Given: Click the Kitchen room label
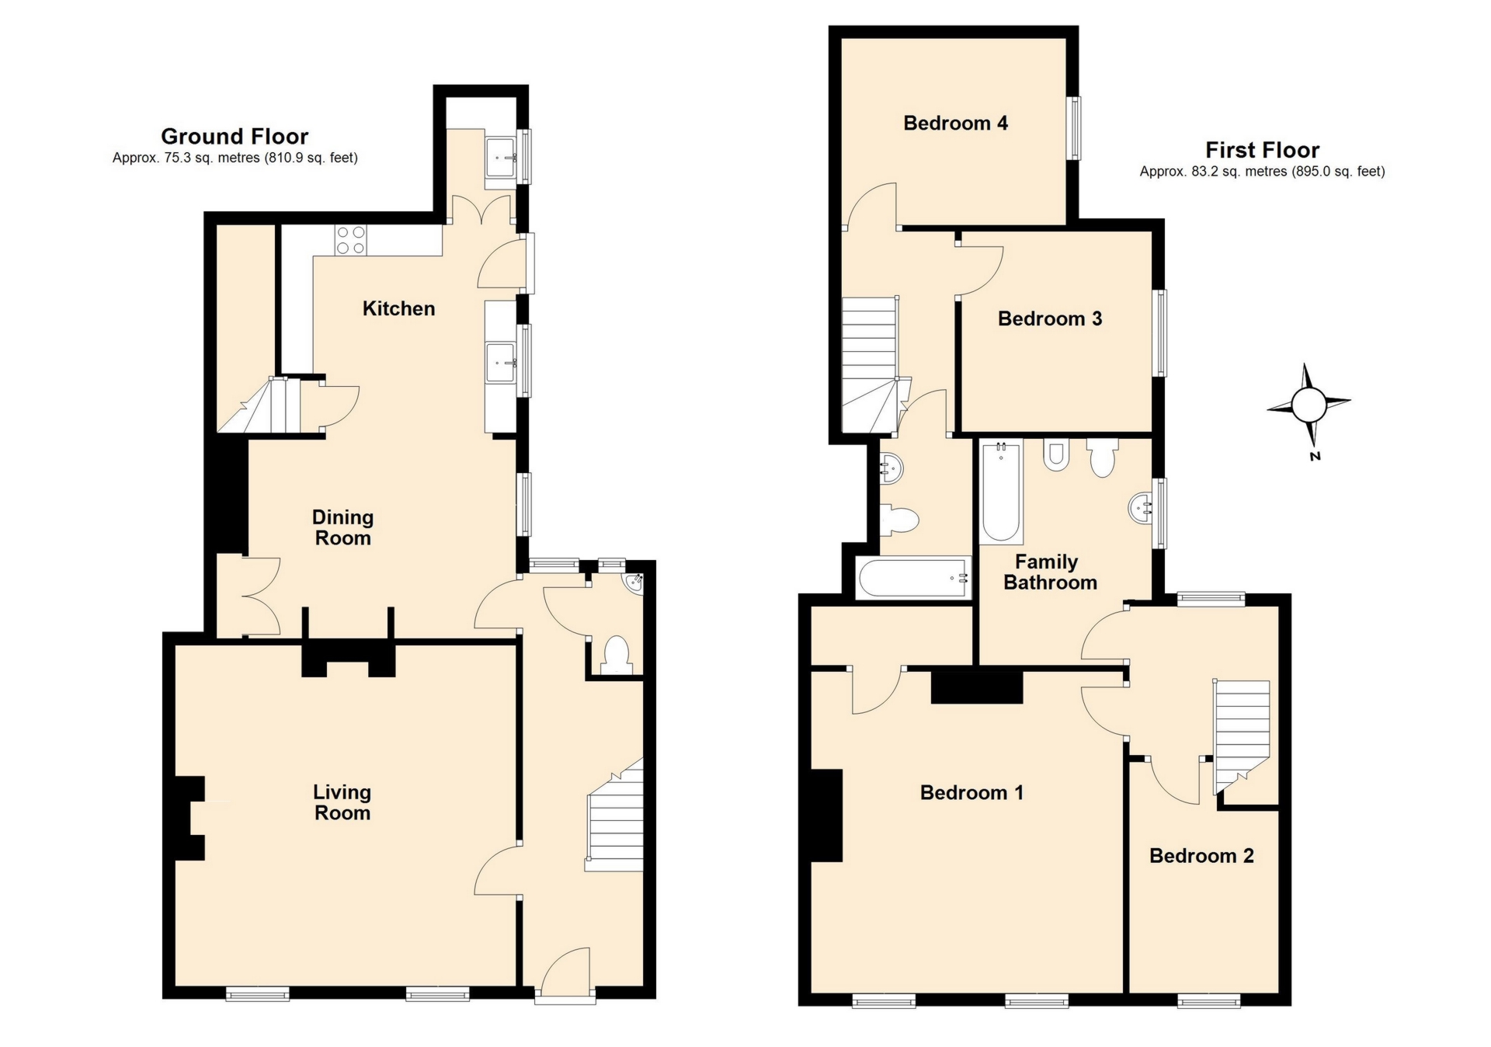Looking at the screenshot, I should tap(398, 309).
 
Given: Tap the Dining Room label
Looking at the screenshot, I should tap(342, 528).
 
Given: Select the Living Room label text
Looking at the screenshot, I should tap(342, 803).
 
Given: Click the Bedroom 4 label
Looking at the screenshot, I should tap(955, 123).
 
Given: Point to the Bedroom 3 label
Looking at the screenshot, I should tap(1049, 319).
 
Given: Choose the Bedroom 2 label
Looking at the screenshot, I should tap(1201, 856).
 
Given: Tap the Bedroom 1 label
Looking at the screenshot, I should tap(971, 793).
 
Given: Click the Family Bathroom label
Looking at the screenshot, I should tap(1049, 572).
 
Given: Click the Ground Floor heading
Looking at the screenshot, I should tap(235, 137).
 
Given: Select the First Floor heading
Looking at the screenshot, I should tap(1262, 150).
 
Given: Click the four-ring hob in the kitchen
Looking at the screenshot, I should tap(350, 239).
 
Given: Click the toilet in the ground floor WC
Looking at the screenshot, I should tap(617, 655).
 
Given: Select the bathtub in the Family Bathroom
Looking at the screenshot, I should tap(1001, 491).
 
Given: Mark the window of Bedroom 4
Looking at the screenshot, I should tap(1074, 128).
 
